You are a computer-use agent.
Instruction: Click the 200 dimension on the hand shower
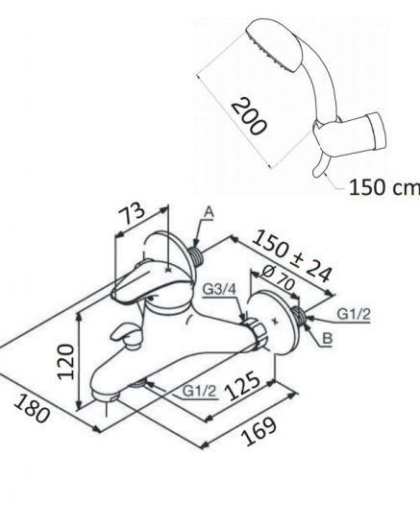(x=249, y=116)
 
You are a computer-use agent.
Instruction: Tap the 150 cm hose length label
(x=383, y=187)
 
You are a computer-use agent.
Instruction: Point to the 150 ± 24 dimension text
(x=292, y=255)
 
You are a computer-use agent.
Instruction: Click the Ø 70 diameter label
(x=279, y=278)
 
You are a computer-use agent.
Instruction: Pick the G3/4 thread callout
(x=219, y=289)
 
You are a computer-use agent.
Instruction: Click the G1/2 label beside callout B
(x=354, y=314)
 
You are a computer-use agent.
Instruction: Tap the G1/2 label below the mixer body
(x=199, y=391)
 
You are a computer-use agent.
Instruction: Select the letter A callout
(x=209, y=212)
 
